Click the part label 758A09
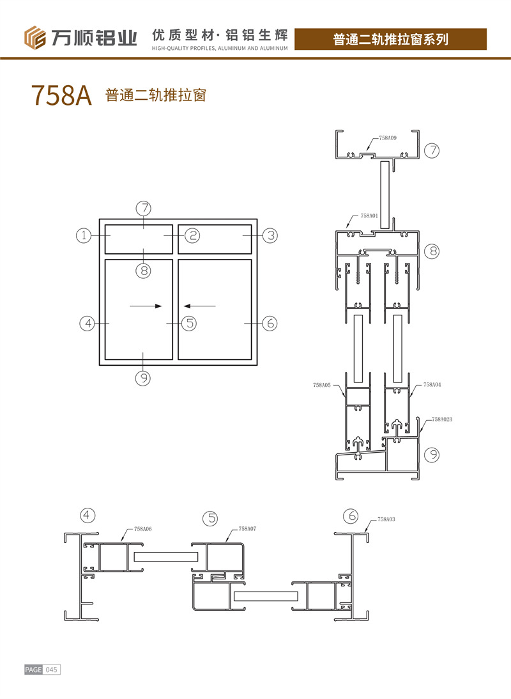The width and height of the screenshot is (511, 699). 388,138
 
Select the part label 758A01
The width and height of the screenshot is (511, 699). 369,216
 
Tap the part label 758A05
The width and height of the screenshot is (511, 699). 322,385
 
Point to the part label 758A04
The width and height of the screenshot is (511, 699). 432,385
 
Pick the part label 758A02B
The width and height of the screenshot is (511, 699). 442,420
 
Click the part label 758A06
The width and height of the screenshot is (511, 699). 143,529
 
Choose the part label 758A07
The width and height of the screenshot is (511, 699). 247,529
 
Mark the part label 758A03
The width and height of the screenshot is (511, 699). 386,519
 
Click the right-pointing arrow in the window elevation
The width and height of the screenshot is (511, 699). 146,306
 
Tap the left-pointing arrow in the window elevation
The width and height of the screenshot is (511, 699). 200,306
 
